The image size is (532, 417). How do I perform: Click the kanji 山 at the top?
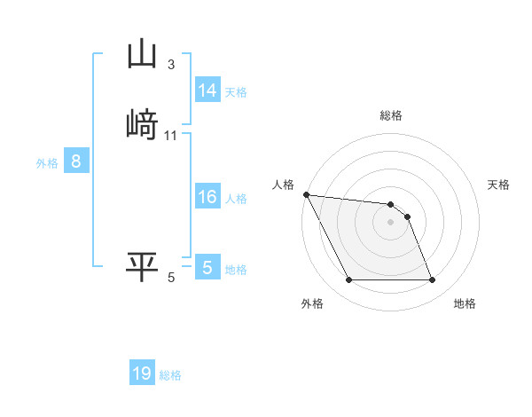(143, 54)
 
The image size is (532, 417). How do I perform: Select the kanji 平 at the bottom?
(143, 267)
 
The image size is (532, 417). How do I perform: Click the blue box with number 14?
(207, 90)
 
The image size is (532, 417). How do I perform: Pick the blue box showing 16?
(207, 197)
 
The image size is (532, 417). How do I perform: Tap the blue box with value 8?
(76, 161)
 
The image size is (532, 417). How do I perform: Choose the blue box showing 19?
(142, 374)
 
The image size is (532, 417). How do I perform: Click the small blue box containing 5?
(207, 268)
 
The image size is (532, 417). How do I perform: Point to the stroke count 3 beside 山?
(171, 65)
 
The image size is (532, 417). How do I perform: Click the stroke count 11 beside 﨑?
(171, 136)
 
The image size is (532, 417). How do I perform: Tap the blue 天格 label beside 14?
(236, 91)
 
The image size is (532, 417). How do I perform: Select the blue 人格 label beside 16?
(236, 199)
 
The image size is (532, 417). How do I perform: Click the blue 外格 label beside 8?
(47, 163)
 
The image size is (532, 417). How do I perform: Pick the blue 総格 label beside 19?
(170, 375)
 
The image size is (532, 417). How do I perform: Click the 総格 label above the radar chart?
(391, 115)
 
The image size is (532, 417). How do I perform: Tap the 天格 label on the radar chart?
(498, 185)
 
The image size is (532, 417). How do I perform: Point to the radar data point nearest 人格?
(306, 194)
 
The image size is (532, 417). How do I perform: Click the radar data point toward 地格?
(433, 280)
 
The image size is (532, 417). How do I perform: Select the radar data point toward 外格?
(348, 280)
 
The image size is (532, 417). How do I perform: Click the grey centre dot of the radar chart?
(391, 222)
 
